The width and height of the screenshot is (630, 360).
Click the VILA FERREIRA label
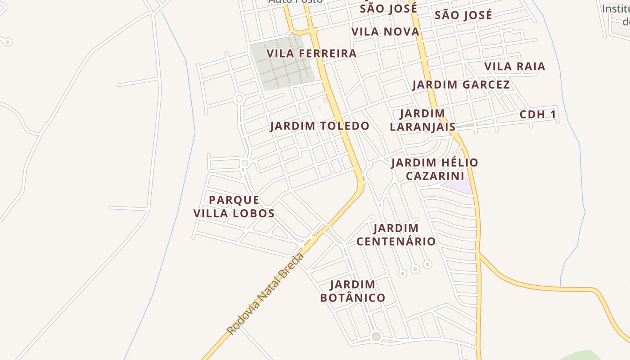pos(311,54)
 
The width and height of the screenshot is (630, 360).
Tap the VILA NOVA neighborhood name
pos(385,31)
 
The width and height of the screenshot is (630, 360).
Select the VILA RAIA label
pos(514,67)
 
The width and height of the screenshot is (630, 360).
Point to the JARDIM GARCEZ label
pos(461,85)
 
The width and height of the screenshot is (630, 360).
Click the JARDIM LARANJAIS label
pos(423,120)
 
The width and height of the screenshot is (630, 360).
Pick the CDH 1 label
pos(538,115)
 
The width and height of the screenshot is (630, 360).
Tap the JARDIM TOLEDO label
pos(319,126)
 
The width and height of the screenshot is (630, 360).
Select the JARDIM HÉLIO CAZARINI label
pos(434,169)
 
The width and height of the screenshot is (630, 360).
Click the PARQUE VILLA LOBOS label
pos(234,207)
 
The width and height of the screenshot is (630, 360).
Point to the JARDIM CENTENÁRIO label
pos(396,235)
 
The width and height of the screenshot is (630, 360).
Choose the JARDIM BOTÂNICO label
pos(353,291)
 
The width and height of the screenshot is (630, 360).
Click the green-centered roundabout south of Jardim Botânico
pos(376,336)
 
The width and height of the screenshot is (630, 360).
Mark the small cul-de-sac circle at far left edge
pos(7,42)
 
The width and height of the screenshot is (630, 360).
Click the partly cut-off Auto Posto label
pos(295,1)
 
